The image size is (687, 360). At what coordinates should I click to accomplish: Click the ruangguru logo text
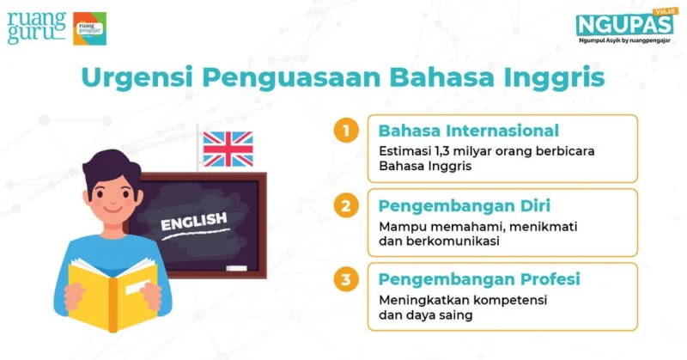[x=36, y=28]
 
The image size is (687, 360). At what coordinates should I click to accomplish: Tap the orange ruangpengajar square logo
[x=89, y=28]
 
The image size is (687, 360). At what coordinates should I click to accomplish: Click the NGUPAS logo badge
[x=625, y=23]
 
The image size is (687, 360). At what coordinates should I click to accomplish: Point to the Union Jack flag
[x=228, y=149]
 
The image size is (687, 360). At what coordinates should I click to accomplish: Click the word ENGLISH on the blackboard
[x=194, y=222]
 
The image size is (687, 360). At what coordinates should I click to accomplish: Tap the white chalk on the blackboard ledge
[x=237, y=268]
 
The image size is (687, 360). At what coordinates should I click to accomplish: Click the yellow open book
[x=113, y=294]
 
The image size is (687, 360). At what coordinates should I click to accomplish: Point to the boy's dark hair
[x=112, y=168]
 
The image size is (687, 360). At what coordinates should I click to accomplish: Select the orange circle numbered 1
[x=346, y=131]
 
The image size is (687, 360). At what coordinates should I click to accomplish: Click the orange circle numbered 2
[x=346, y=205]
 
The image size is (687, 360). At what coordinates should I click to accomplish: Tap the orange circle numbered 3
[x=346, y=279]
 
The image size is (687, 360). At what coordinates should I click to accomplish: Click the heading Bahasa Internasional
[x=469, y=131]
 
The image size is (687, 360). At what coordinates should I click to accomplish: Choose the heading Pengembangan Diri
[x=465, y=205]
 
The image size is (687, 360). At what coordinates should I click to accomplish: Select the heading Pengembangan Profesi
[x=479, y=279]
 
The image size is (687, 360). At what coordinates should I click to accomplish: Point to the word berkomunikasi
[x=453, y=241]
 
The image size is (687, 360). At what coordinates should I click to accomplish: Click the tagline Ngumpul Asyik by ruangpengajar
[x=624, y=40]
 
